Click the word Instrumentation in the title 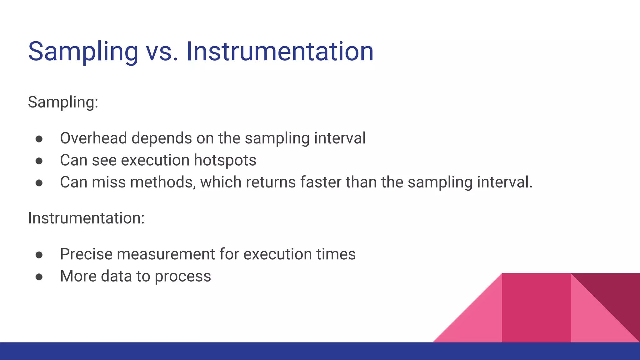[x=280, y=52]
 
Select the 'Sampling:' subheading [x=63, y=102]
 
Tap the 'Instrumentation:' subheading [x=86, y=218]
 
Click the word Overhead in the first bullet [x=93, y=138]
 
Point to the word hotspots [x=225, y=160]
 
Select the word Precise [x=86, y=254]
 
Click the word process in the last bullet [x=183, y=277]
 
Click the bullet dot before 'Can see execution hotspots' [x=39, y=161]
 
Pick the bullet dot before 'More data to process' [x=39, y=277]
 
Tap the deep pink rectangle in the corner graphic [x=536, y=308]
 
